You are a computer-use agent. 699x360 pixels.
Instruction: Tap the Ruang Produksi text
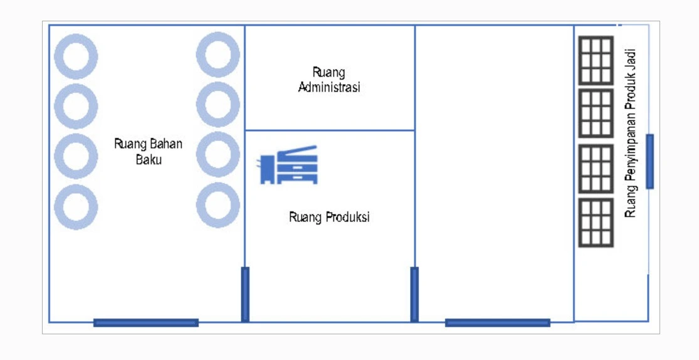coord(329,218)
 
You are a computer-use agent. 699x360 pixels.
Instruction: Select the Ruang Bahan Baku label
coord(149,151)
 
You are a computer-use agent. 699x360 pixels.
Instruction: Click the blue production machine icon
coord(289,165)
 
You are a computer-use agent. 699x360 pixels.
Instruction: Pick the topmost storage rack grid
coord(595,60)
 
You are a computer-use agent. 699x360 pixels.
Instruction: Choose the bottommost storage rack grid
coord(595,223)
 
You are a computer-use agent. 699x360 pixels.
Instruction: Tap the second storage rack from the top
coord(595,114)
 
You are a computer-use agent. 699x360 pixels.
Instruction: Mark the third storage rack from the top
coord(595,169)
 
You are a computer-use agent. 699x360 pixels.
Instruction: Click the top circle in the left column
coord(76,56)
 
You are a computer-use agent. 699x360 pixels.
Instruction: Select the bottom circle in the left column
coord(76,207)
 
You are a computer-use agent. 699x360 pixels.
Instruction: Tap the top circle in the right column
coord(218,55)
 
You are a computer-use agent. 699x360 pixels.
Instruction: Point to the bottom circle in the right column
coord(218,206)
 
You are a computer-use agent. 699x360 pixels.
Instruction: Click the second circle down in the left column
coord(76,106)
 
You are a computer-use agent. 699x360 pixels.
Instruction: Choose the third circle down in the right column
coord(218,154)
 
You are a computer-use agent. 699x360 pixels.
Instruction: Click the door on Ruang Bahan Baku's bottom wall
coord(146,323)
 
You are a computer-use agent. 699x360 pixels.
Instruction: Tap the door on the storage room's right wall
coord(649,161)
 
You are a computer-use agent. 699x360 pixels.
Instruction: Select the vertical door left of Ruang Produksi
coord(245,294)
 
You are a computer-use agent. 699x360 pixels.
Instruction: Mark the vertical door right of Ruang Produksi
coord(414,294)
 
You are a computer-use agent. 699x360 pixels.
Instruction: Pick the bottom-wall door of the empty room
coord(498,323)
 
